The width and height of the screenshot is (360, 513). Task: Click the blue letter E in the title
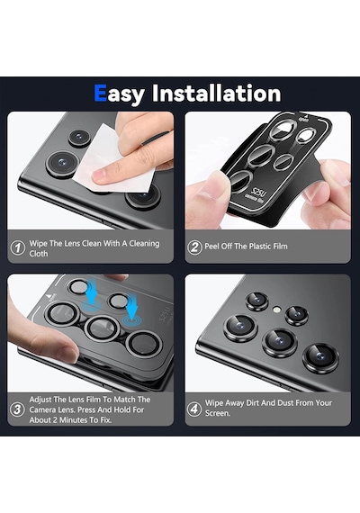tap(100, 94)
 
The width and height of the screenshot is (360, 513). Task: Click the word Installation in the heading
tap(217, 94)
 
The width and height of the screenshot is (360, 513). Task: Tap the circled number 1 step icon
tap(18, 247)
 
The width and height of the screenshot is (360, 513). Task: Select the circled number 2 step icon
tap(194, 247)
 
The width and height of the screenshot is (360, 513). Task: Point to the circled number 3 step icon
tap(17, 409)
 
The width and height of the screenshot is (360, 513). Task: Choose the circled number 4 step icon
tap(194, 409)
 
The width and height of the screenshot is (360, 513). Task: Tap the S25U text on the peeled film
tap(259, 193)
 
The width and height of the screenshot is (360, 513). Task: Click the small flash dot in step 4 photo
tap(277, 310)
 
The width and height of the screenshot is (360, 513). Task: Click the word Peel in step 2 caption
tap(211, 246)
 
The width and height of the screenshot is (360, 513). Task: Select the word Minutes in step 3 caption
tap(75, 419)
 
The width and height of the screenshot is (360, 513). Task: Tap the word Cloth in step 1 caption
tap(39, 254)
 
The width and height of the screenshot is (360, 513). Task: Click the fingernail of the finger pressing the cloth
tap(102, 175)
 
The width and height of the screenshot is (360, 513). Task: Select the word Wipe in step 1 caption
tap(39, 244)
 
